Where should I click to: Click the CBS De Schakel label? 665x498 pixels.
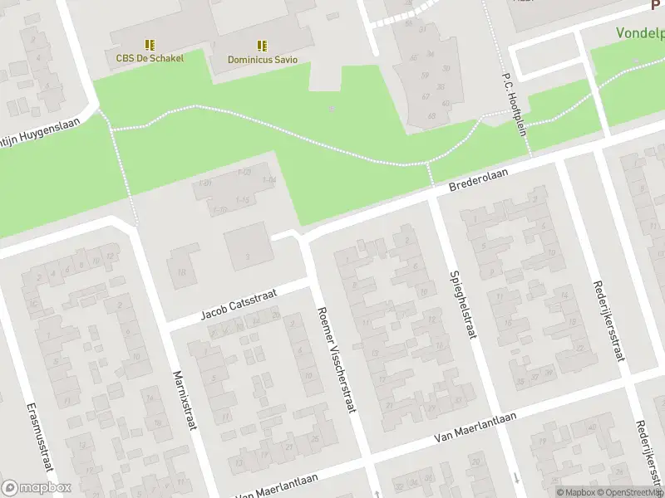pos(150,58)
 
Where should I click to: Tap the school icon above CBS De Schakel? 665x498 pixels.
pos(150,45)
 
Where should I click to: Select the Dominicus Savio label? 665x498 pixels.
pos(263,60)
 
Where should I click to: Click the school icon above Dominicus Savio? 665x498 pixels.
pos(263,46)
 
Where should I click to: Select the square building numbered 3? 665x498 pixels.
pos(247,243)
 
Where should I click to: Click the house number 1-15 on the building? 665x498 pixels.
pos(244,201)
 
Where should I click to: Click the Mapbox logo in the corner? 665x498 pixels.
pos(36,488)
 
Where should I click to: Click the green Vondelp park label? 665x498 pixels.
pos(640,34)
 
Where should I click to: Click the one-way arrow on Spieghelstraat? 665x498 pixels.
pos(516,478)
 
